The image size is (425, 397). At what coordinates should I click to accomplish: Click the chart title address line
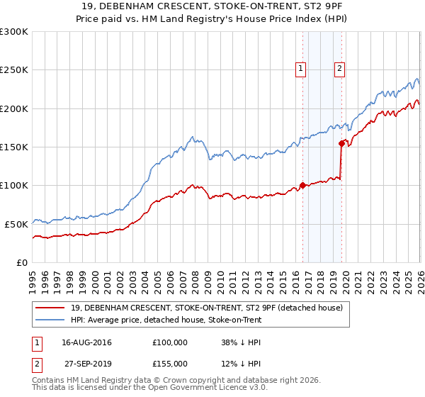[212, 6]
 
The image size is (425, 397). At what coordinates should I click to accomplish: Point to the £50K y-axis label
[16, 223]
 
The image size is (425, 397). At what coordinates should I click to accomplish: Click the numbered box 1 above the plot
[301, 69]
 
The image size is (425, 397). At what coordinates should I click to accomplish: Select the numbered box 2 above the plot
[340, 69]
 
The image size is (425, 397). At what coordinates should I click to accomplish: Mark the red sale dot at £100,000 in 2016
[302, 185]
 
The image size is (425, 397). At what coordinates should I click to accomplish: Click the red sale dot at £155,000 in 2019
[341, 143]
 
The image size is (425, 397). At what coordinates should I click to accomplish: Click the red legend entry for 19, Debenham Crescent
[207, 308]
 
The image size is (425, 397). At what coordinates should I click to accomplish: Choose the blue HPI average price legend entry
[166, 320]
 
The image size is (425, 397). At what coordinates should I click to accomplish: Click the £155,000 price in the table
[169, 364]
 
